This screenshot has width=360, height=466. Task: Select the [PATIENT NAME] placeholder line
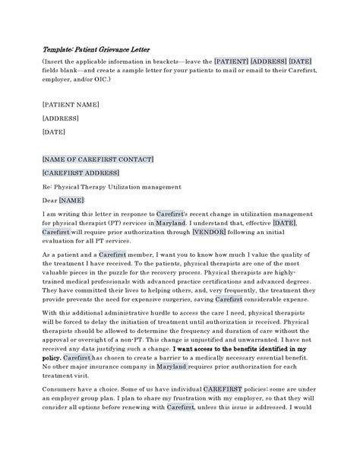click(x=71, y=102)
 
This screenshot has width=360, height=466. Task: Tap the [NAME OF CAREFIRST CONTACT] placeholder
click(x=99, y=159)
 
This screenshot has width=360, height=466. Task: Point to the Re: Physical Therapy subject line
click(x=112, y=186)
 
